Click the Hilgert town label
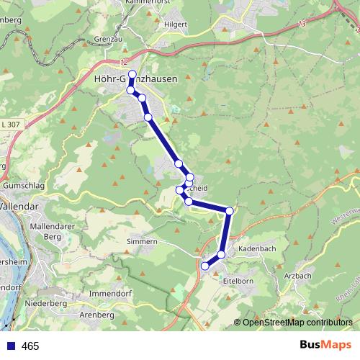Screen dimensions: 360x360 175,23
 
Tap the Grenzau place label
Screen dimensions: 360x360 109,40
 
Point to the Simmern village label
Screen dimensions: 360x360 141,242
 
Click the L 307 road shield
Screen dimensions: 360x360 9,125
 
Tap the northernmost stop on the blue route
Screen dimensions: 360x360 132,73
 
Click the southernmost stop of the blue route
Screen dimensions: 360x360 205,266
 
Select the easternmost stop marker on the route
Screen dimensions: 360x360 230,211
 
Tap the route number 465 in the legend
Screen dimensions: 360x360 30,346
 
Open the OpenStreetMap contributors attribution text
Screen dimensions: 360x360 297,323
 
